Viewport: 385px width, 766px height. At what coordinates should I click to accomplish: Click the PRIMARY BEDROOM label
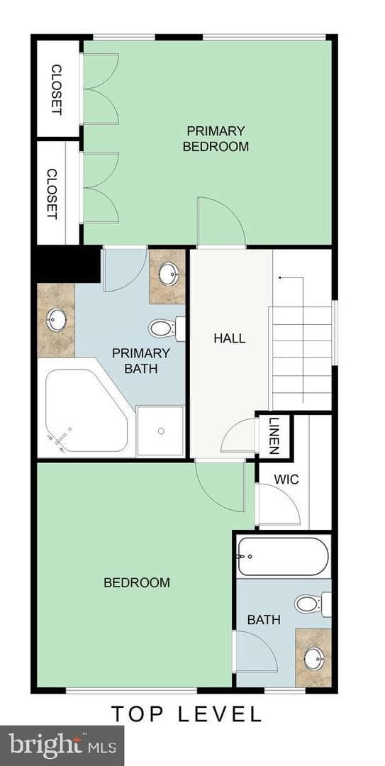click(216, 139)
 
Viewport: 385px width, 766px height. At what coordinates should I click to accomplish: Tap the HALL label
click(229, 338)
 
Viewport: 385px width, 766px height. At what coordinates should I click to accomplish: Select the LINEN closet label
click(274, 436)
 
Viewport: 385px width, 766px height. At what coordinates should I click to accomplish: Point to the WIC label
click(286, 479)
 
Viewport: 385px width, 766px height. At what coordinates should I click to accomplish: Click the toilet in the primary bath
click(167, 328)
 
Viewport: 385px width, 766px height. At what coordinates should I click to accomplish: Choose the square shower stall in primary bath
click(161, 431)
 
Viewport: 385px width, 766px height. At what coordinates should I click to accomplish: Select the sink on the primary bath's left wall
click(56, 320)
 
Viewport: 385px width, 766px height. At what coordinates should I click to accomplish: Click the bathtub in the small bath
click(283, 557)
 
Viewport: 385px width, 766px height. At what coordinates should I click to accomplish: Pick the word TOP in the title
click(135, 714)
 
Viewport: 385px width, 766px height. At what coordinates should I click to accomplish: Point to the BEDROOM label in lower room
click(137, 582)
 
